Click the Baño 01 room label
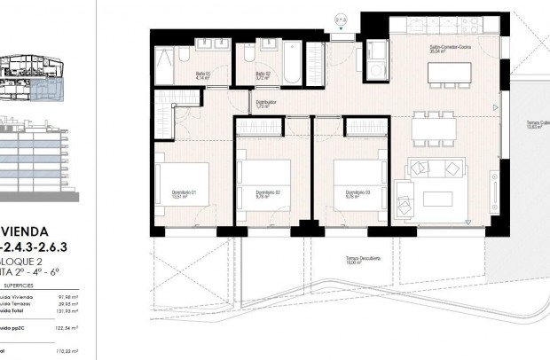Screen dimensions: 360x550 tap(202, 75)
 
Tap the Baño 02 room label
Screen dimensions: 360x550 tap(263, 75)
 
